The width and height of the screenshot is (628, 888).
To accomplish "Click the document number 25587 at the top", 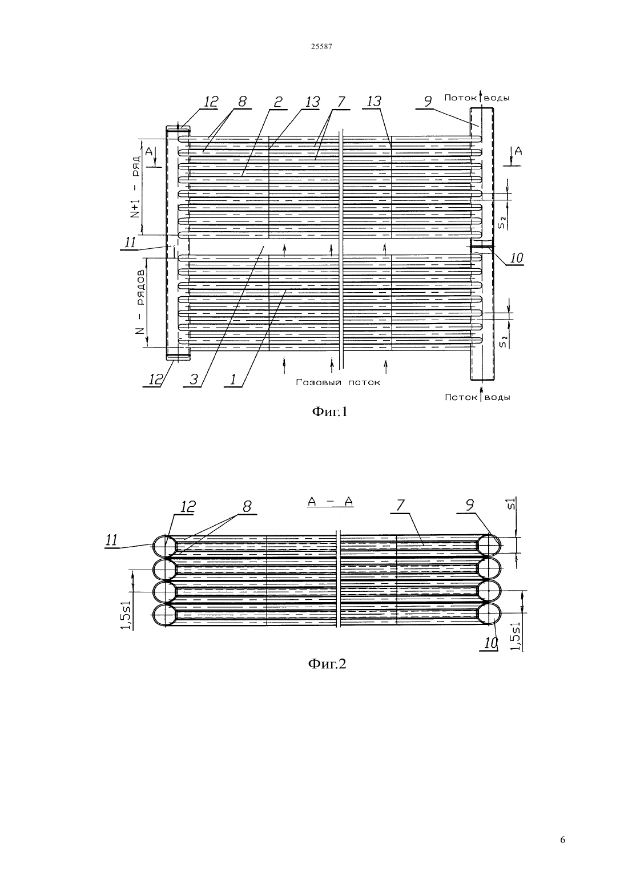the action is coord(321,47).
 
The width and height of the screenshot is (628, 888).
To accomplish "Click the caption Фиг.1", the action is coord(329,412).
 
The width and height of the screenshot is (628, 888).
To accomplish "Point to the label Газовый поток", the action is coord(338,382).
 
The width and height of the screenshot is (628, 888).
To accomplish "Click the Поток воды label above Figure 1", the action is coord(477,98).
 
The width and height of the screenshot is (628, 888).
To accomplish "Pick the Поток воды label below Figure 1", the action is coord(477,397).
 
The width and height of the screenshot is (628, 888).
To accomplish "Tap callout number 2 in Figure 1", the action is coord(279,102).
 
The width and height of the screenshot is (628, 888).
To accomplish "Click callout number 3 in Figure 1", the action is coord(194,380).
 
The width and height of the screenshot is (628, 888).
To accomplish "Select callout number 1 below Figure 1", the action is coord(233,380).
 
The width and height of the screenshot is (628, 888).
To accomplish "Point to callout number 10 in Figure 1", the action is coord(517,258).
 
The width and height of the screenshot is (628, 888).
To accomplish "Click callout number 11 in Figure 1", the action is coord(130,242).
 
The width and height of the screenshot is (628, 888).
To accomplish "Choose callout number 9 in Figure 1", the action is coord(428,102).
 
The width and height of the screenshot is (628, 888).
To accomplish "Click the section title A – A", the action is coord(330,502).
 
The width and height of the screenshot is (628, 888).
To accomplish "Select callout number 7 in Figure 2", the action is coord(400,505).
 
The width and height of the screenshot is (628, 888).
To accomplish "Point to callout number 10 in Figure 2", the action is coord(491,643).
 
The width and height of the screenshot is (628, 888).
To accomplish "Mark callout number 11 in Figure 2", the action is coord(112,539).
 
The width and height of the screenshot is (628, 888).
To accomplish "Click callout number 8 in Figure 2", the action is coord(247,506).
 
